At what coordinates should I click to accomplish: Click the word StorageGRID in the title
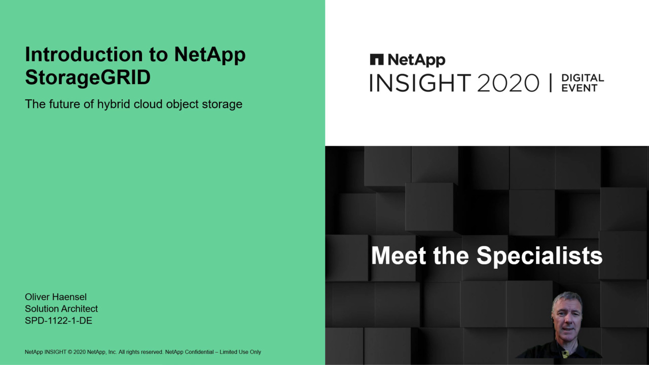pos(88,78)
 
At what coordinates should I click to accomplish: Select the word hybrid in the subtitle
pos(113,104)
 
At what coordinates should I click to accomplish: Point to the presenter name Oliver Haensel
pos(56,297)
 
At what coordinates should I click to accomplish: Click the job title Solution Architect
pos(61,309)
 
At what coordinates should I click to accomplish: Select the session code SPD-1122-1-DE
pos(58,320)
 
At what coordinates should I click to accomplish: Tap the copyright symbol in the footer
pos(70,352)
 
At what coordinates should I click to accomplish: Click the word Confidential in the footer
pos(199,352)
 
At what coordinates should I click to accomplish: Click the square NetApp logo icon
pos(377,59)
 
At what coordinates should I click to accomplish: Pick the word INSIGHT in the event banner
pos(420,83)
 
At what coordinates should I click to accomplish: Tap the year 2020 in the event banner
pos(508,83)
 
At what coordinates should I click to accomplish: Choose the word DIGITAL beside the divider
pos(583,78)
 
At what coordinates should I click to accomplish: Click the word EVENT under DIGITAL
pos(580,88)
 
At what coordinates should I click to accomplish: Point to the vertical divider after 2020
pos(551,83)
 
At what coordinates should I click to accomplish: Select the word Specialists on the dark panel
pos(539,256)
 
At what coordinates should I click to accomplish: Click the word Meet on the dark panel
pos(399,255)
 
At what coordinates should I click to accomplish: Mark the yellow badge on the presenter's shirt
pos(565,353)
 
